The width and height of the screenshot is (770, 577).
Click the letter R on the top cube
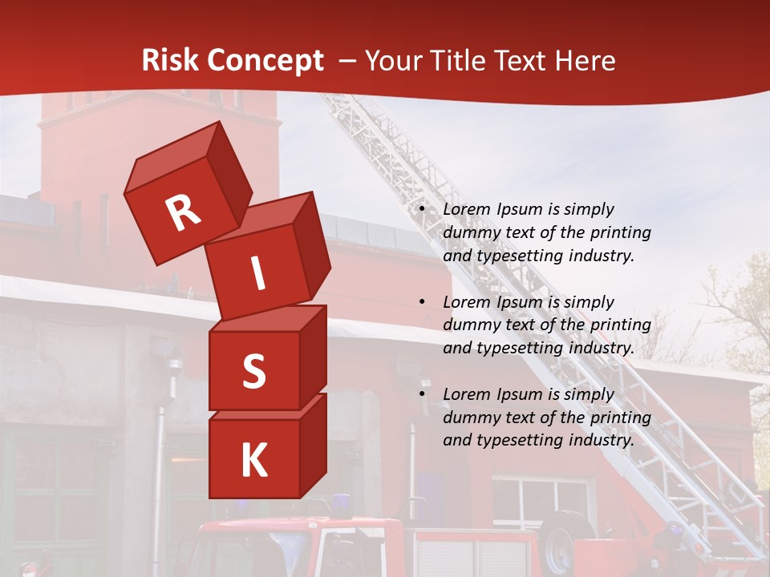pyautogui.click(x=183, y=212)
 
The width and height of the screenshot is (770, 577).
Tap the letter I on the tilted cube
pyautogui.click(x=257, y=274)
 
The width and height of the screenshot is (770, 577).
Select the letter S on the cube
pyautogui.click(x=253, y=371)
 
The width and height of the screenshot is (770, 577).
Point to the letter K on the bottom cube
pyautogui.click(x=253, y=461)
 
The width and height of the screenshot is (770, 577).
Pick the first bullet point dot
pyautogui.click(x=421, y=210)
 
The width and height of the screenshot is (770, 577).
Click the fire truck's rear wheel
pyautogui.click(x=568, y=539)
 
